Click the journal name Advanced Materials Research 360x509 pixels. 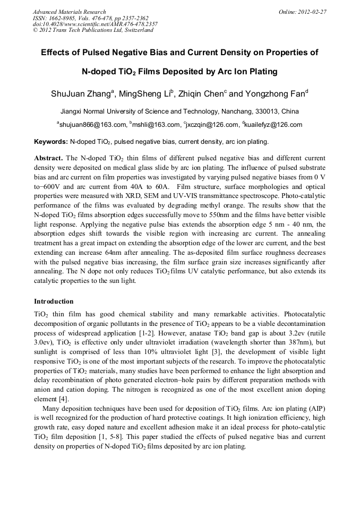point(69,12)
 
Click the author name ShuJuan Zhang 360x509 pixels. point(81,94)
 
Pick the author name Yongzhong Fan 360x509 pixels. point(275,94)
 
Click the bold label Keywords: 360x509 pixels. point(51,142)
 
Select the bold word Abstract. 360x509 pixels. point(49,159)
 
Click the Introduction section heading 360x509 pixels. point(54,301)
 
